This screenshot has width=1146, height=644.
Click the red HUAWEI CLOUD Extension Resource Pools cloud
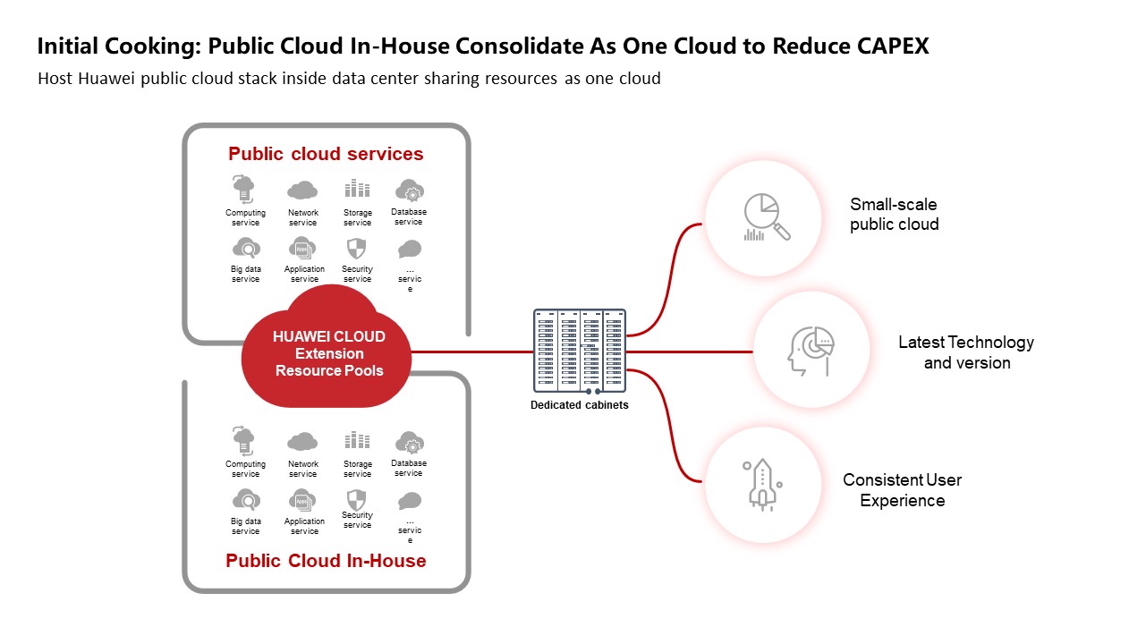[328, 352]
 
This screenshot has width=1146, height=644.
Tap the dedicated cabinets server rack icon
[580, 350]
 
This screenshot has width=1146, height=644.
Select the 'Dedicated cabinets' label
[580, 405]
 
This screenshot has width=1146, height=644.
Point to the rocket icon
[761, 485]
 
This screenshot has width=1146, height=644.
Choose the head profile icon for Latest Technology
[811, 352]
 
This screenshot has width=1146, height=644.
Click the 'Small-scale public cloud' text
[894, 215]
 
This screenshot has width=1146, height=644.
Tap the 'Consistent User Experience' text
[902, 490]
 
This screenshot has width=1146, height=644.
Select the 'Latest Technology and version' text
[966, 352]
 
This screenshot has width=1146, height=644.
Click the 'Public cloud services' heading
[326, 154]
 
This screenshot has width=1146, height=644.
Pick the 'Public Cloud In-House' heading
[326, 561]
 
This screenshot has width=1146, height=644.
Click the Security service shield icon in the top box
[357, 249]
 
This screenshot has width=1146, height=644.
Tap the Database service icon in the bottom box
[409, 442]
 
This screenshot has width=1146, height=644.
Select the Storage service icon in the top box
[357, 190]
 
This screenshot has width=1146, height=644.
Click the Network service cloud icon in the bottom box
[302, 442]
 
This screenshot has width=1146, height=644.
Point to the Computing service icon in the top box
[244, 190]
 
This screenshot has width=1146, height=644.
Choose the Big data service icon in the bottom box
[245, 500]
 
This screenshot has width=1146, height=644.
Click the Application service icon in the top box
[303, 249]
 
